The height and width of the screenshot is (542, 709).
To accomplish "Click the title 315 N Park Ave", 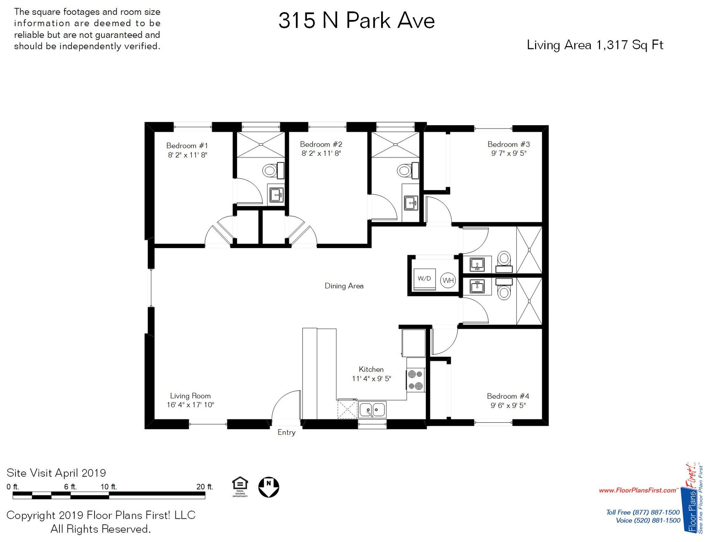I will point(356,20).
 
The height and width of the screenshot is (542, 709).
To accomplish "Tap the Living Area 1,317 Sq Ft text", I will point(595,45).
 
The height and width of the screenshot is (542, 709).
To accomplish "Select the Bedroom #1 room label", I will point(187,145).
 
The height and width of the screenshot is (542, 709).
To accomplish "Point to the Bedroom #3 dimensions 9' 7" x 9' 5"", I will point(508,153).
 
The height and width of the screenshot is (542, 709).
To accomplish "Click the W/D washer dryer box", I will point(424,279).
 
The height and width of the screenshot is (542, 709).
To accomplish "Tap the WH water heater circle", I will point(448,280).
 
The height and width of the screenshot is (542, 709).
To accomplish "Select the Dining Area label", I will point(344,286).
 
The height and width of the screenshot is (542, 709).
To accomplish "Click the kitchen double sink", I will point(372,410).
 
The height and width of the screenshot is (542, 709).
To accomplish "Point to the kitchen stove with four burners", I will point(415,380).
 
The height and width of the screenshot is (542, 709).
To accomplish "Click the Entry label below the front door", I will point(286,432).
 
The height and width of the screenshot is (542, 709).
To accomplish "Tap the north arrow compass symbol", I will point(268,487).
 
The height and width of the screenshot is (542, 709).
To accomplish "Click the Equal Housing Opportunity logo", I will point(240,487).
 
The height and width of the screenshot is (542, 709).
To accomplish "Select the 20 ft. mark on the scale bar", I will point(205,487).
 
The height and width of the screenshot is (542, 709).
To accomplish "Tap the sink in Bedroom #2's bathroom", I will point(411,203).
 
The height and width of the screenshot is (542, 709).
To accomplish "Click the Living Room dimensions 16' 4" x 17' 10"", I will point(190,405).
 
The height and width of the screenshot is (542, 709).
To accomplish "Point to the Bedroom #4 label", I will point(508,396).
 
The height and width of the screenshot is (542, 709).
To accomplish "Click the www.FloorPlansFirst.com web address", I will point(638,490).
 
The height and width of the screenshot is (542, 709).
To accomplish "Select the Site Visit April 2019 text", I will point(56,473).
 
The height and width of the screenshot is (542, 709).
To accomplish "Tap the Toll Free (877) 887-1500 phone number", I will point(643,512).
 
